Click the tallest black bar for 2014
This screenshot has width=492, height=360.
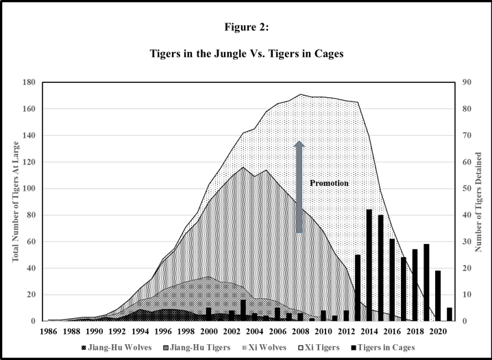click(x=369, y=265)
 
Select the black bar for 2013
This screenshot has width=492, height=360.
click(x=358, y=288)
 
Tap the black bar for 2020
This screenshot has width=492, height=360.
click(x=438, y=296)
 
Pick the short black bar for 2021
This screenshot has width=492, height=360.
click(x=450, y=314)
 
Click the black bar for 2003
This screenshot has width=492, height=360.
click(x=243, y=311)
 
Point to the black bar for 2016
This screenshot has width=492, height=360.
click(x=392, y=280)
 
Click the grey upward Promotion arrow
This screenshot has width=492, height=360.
click(x=299, y=187)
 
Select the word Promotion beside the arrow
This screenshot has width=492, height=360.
click(x=329, y=183)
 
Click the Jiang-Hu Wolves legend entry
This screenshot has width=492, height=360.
click(x=116, y=348)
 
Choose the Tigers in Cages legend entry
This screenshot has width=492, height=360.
click(x=383, y=348)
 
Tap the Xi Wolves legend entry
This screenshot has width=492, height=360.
click(x=265, y=348)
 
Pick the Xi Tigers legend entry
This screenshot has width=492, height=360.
click(x=319, y=348)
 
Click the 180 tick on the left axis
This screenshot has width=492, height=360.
click(x=29, y=82)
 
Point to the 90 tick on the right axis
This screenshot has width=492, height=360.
click(x=467, y=82)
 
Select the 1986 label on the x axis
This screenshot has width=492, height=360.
click(x=49, y=331)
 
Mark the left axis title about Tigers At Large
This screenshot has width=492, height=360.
click(x=15, y=202)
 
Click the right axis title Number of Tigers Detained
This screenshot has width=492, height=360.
click(x=478, y=202)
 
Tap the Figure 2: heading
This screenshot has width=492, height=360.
click(x=247, y=27)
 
